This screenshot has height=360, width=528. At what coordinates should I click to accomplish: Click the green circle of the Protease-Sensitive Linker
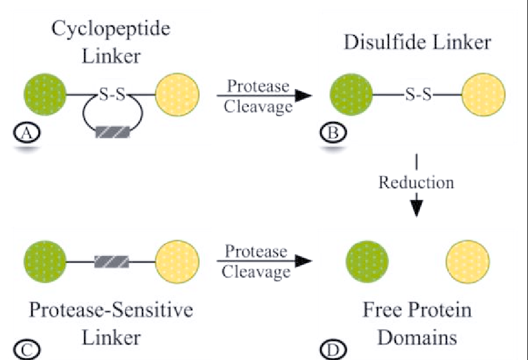click(45, 261)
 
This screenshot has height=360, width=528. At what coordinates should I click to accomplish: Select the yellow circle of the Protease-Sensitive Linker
click(177, 261)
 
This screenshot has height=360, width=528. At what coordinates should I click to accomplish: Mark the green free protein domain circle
click(367, 261)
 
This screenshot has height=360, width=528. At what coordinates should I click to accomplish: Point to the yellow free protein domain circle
click(468, 261)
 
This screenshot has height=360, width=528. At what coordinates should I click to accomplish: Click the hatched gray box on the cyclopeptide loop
click(112, 131)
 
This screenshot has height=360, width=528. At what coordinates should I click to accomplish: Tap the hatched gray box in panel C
click(112, 261)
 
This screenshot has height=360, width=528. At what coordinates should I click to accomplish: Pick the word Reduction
click(416, 182)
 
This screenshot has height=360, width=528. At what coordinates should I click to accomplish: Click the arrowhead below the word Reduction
click(417, 208)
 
